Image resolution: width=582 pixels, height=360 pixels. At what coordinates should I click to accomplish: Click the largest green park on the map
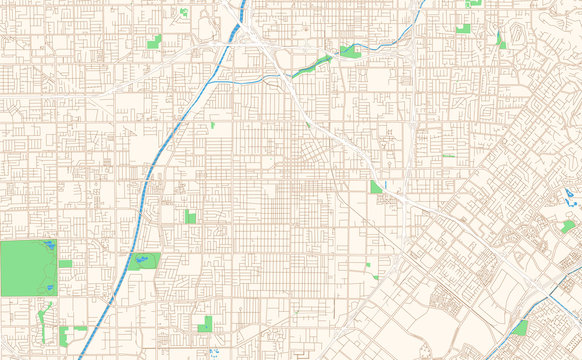point(28,267)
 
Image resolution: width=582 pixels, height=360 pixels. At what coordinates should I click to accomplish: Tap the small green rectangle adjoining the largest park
point(65,264)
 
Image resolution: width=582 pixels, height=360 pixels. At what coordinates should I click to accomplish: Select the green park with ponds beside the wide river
point(143,261)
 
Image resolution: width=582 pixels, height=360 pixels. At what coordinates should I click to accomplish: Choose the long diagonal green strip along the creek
point(313,66)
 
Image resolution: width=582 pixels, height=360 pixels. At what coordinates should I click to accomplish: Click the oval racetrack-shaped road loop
point(518,33)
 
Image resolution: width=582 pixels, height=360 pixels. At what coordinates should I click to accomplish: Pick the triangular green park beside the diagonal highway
point(375,187)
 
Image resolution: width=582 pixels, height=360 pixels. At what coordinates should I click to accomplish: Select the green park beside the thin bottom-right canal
point(519,328)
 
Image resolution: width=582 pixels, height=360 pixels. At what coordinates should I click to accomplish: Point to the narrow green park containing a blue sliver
point(500,41)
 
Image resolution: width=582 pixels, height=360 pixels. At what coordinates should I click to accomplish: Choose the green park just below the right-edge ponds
point(568,227)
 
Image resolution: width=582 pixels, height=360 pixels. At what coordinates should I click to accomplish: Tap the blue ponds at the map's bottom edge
point(214,352)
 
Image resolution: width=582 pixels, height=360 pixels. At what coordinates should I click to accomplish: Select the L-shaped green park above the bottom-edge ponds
point(205,323)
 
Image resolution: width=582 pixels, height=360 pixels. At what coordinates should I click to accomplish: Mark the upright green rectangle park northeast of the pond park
point(190,216)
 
